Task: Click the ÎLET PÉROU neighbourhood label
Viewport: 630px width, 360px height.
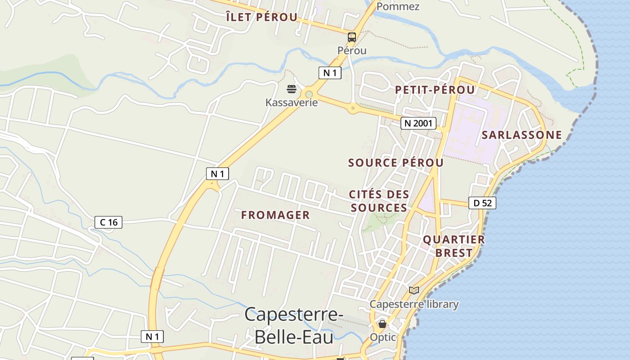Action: pyautogui.click(x=261, y=18)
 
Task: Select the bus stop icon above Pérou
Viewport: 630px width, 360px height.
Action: pyautogui.click(x=352, y=37)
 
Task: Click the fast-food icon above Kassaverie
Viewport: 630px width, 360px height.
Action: pyautogui.click(x=292, y=89)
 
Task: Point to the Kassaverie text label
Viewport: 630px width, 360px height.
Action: pyautogui.click(x=292, y=103)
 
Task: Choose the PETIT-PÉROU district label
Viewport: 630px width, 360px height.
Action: pyautogui.click(x=435, y=90)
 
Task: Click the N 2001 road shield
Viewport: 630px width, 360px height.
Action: pyautogui.click(x=418, y=123)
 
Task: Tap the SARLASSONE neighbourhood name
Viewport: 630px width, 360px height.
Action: pyautogui.click(x=522, y=135)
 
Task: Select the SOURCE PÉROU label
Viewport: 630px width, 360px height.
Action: pyautogui.click(x=396, y=163)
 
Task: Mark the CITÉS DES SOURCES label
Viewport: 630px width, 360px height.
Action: pyautogui.click(x=379, y=201)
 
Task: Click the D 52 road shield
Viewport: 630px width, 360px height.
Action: pyautogui.click(x=482, y=203)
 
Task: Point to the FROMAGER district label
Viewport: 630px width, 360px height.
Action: pyautogui.click(x=275, y=215)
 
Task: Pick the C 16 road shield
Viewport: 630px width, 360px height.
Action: pyautogui.click(x=109, y=222)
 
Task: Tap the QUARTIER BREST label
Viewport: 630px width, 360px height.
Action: pyautogui.click(x=454, y=246)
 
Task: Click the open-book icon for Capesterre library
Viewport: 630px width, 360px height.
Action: pyautogui.click(x=414, y=291)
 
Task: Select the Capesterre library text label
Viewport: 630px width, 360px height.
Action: pyautogui.click(x=414, y=305)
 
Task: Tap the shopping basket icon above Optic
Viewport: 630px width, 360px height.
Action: pyautogui.click(x=382, y=324)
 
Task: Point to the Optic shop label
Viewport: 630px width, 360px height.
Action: pyautogui.click(x=383, y=337)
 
